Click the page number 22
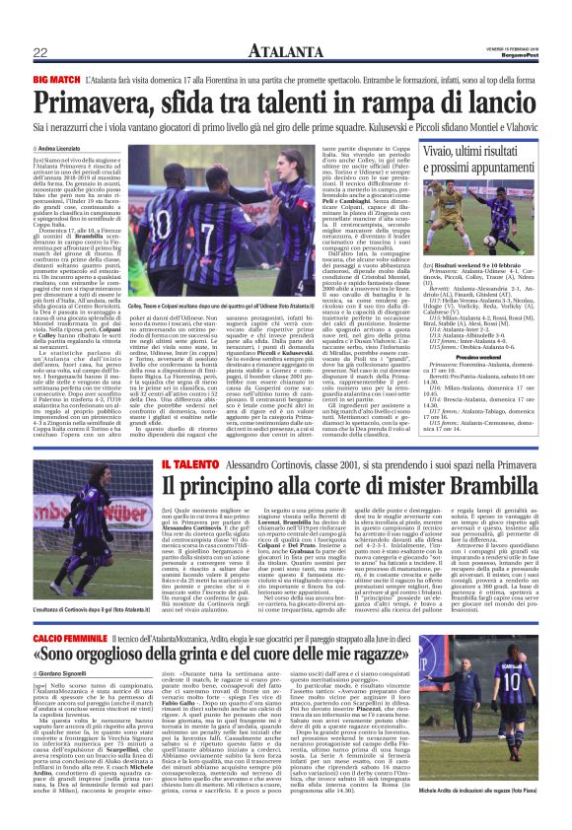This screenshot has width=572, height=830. click(x=39, y=51)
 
